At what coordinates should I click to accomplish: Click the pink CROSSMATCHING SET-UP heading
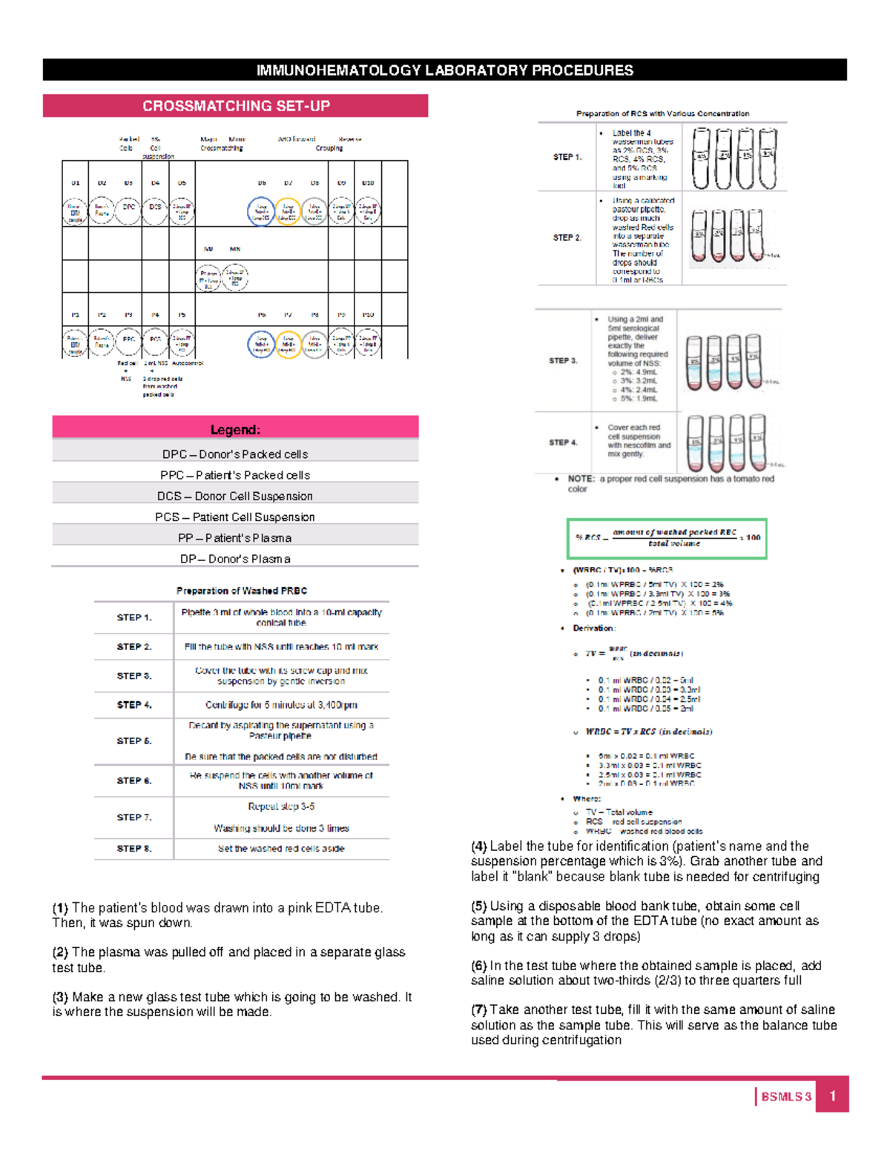(236, 106)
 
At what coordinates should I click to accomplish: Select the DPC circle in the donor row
(128, 210)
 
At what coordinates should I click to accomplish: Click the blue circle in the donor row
(261, 211)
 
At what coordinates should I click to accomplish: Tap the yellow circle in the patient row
(288, 344)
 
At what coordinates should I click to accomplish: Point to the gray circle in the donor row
(314, 211)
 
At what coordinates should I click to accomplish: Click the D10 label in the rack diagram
(368, 182)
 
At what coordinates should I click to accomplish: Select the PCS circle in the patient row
(155, 342)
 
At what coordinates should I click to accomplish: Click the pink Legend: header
(235, 430)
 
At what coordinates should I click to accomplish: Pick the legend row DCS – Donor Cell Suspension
(235, 496)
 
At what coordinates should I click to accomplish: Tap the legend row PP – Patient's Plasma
(235, 538)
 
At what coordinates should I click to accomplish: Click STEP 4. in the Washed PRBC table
(133, 705)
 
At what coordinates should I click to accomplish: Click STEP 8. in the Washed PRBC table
(133, 849)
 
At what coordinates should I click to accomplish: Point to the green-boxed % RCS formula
(667, 538)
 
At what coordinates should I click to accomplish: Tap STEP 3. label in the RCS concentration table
(563, 361)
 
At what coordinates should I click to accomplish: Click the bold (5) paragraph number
(479, 906)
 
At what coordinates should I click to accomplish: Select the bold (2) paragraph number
(60, 952)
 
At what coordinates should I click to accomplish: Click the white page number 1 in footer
(833, 1096)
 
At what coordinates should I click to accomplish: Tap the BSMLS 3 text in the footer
(786, 1097)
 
